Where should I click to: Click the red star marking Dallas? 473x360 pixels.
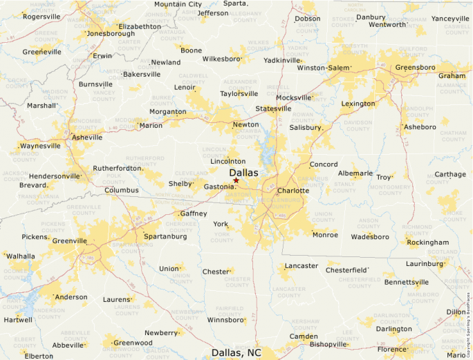click(236, 180)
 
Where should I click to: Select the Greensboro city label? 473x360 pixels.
click(415, 68)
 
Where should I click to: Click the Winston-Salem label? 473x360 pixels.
click(323, 68)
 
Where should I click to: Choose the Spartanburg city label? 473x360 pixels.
click(165, 236)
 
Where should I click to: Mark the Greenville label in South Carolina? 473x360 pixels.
click(70, 241)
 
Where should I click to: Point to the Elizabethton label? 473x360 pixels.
click(140, 26)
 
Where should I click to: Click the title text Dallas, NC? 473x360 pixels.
click(236, 352)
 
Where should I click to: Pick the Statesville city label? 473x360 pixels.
click(273, 108)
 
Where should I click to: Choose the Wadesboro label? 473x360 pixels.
click(370, 236)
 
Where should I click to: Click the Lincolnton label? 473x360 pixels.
click(228, 161)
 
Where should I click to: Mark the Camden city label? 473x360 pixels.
click(304, 337)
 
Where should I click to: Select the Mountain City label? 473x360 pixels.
click(178, 4)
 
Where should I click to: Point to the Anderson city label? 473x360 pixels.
click(71, 297)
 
